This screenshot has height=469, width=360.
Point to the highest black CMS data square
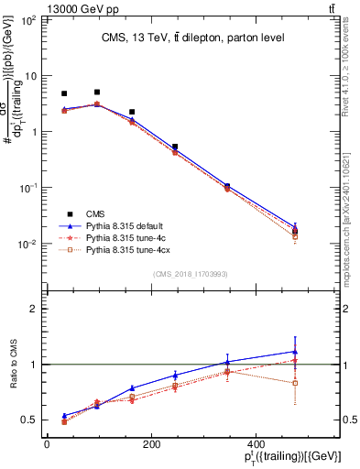(x=97, y=93)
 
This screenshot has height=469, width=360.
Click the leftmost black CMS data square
(x=64, y=93)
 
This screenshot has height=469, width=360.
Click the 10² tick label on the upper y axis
(x=27, y=19)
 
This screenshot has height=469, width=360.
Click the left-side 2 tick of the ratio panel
(x=35, y=309)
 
